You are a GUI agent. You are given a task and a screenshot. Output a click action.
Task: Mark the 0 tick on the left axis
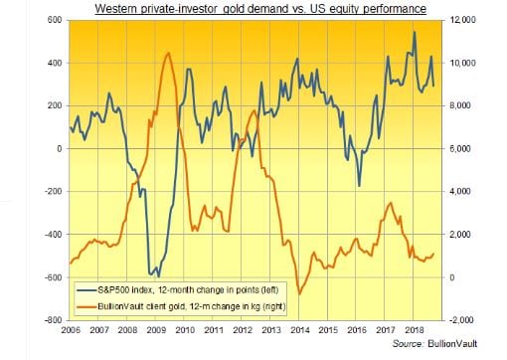coord(59,149)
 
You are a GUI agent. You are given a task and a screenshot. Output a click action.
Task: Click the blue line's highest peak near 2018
coord(414,33)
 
